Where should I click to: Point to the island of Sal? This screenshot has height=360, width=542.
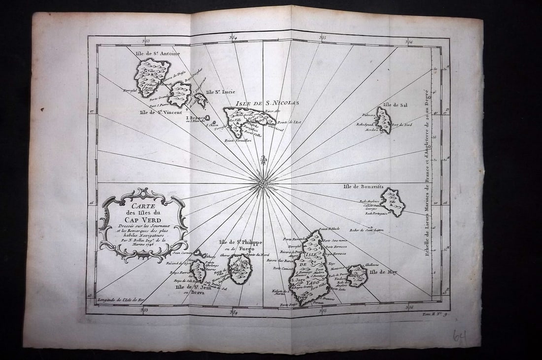coord(383,121)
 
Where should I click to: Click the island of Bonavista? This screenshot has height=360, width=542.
coord(393,201)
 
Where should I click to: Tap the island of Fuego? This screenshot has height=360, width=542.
coord(241,269)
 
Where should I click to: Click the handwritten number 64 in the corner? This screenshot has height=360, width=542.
coord(460,337)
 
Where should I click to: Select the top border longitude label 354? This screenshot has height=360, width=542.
coord(234,38)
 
